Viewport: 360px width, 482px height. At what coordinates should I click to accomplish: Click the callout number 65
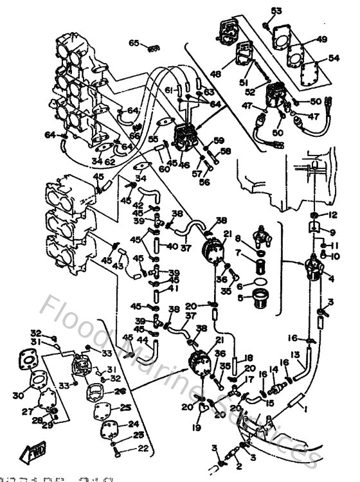pos(134,43)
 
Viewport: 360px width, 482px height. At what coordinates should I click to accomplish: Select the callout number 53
pos(276,11)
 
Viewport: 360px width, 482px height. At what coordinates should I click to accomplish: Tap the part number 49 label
pos(321,39)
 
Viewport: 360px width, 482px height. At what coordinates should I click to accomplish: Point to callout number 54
pos(333,58)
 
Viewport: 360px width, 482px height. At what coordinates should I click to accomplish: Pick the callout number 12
pos(332,215)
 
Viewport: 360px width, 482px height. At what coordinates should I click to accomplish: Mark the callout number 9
pos(332,232)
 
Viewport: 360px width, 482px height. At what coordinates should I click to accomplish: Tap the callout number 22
pos(143,449)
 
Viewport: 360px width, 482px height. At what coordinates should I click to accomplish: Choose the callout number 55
pos(152,138)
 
